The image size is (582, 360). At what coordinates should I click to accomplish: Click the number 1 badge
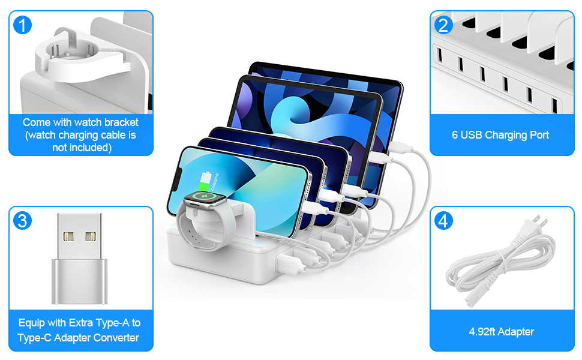pos(22,25)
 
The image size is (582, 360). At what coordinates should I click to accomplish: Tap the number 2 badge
pos(443,25)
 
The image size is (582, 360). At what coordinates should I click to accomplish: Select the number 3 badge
pos(22,221)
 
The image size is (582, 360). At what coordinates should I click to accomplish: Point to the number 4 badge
pos(443,221)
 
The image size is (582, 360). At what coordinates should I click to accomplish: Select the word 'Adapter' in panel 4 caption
pos(518,331)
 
